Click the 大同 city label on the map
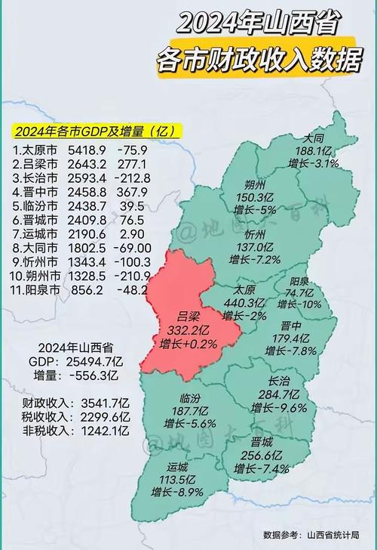pos(314,138)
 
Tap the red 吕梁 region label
pos(188,317)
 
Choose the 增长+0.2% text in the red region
pos(188,344)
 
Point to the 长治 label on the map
pos(284,382)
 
